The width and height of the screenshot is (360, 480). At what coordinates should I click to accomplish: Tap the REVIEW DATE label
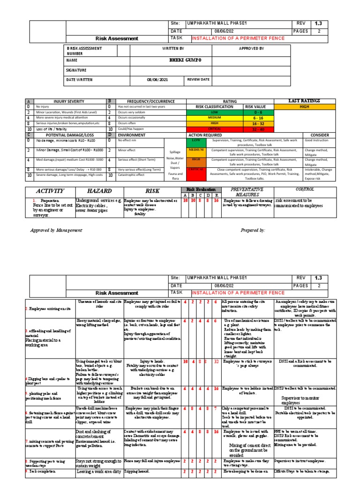coord(198,80)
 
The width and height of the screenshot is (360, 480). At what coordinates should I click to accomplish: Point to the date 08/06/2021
coord(155,80)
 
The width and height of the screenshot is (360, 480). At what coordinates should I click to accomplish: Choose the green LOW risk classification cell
coord(214,112)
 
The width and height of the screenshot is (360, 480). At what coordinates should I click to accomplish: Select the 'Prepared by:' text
coord(252,230)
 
